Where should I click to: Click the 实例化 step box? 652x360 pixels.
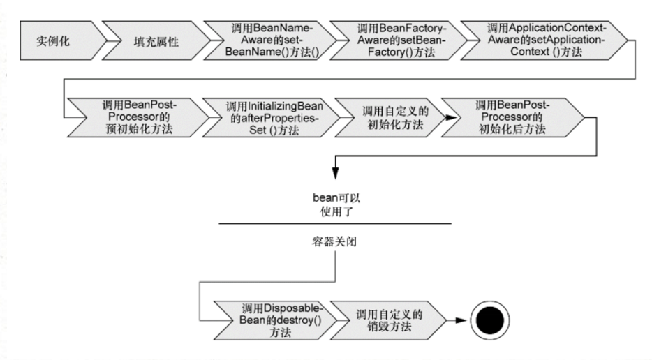tap(62, 40)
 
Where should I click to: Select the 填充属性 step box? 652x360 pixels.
tap(156, 40)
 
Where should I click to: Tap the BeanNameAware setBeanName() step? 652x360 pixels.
tap(270, 40)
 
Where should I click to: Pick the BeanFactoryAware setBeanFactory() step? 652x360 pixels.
tap(399, 40)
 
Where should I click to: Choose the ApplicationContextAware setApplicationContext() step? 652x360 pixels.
tap(544, 40)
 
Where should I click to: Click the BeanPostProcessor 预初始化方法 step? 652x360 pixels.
tap(138, 118)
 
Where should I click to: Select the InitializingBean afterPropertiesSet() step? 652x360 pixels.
tap(272, 118)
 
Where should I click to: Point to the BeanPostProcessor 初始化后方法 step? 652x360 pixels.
tap(512, 118)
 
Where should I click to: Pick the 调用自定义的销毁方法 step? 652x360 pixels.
tap(389, 320)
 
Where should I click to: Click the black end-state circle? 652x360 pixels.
tap(490, 320)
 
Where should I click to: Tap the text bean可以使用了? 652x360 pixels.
tap(336, 204)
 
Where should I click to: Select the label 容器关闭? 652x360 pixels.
tap(334, 241)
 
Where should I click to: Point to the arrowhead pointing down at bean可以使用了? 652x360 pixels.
tap(335, 173)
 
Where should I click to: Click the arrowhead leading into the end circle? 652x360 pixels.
tap(461, 320)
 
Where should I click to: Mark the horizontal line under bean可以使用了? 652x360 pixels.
tap(335, 224)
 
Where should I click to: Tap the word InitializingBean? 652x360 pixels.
tap(286, 106)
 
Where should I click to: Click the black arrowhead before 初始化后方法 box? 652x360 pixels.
tap(451, 118)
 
